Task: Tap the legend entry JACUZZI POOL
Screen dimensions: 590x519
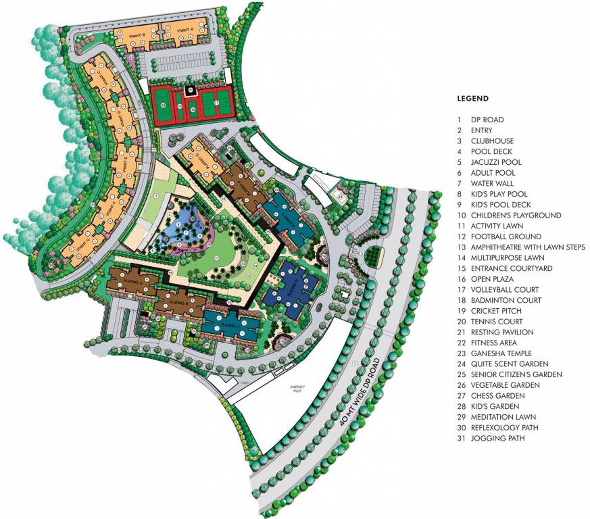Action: tap(496, 162)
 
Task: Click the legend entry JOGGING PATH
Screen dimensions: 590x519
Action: tap(496, 439)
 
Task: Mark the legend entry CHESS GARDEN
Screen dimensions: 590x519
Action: tap(496, 396)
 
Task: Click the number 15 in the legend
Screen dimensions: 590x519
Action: tap(460, 268)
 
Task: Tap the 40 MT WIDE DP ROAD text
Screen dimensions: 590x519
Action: tap(365, 391)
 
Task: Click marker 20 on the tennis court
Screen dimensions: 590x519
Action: tap(164, 105)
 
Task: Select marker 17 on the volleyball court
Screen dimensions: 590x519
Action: tap(216, 103)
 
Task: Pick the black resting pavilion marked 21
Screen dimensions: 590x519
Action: tap(191, 89)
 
